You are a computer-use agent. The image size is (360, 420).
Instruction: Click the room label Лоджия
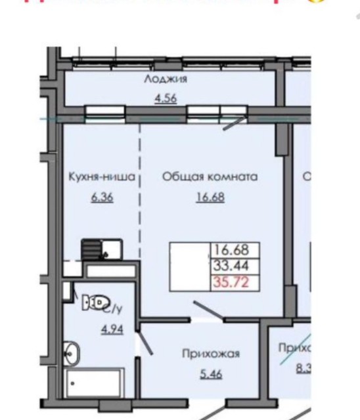pos(166,80)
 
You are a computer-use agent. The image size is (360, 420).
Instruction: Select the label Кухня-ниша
pos(101,177)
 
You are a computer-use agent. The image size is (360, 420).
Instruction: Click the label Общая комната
pos(210,177)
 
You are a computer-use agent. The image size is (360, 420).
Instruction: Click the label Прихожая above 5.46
pos(210,354)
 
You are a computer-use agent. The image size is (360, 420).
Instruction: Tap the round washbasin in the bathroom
pos(72,352)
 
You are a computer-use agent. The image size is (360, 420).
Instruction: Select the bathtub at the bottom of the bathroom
pos(95,383)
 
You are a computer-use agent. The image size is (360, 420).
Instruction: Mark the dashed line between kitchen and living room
pos(140,190)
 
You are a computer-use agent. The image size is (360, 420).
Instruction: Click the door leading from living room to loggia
pos(233,125)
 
